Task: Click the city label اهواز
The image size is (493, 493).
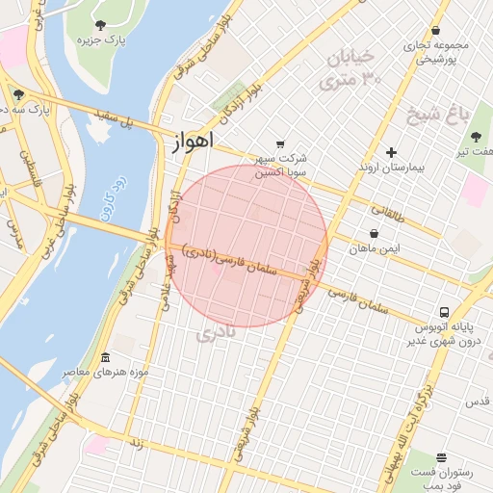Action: point(192,143)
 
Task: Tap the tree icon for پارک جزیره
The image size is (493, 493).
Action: point(101,24)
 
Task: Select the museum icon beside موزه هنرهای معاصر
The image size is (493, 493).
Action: point(105,357)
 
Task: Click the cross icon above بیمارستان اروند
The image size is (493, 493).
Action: point(391,152)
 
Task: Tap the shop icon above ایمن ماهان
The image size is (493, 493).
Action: point(374,233)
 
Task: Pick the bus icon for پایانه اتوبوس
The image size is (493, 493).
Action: point(444,312)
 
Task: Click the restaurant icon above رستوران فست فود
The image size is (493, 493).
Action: point(441,457)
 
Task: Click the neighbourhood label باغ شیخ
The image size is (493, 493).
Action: point(448,116)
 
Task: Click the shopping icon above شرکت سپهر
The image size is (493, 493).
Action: point(280,143)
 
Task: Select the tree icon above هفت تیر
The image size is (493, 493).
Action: point(476,137)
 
